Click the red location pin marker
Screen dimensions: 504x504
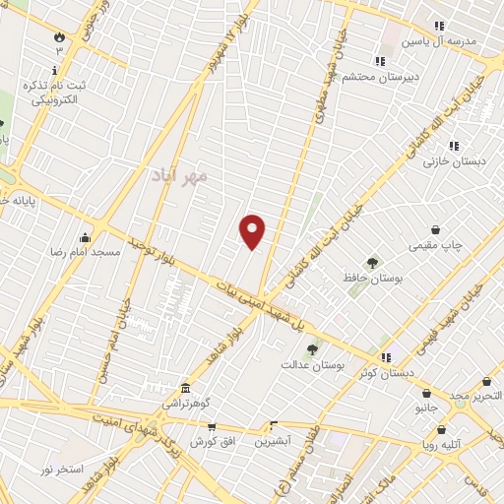coord(253,231)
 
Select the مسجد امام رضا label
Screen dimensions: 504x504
coord(86,252)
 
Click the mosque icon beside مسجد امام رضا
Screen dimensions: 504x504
coord(86,236)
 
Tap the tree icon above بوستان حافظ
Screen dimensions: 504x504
coord(372,263)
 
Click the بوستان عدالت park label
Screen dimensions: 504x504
coord(313,365)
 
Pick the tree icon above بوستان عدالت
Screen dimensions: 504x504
coord(313,348)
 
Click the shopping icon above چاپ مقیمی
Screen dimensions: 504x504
coord(435,228)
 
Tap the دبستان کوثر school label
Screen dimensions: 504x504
coord(387,372)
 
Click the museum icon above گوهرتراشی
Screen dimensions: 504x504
coord(185,388)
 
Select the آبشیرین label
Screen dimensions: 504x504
coord(276,442)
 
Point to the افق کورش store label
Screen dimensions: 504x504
coord(211,441)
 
